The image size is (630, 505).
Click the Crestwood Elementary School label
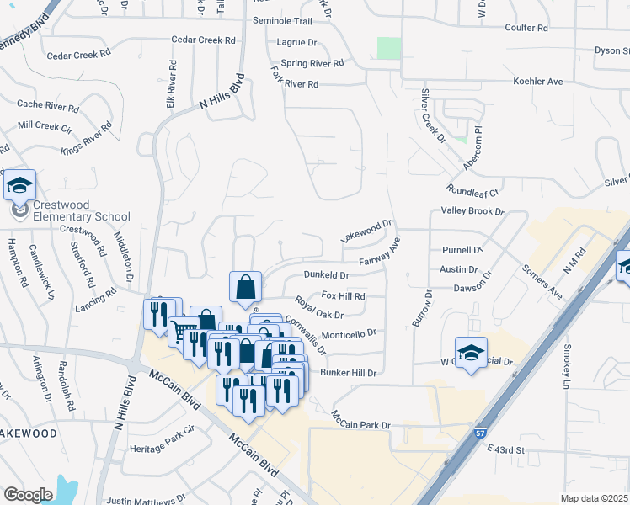82,210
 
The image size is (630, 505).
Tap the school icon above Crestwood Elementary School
19,185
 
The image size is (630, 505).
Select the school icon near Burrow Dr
471,351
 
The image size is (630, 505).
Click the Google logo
28,495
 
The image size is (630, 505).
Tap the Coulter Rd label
526,28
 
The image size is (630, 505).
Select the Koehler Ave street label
538,82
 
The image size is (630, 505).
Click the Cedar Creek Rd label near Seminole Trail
203,40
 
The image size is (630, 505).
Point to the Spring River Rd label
312,63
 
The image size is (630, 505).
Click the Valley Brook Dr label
472,213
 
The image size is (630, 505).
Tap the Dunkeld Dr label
326,274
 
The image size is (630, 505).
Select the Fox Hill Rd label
343,296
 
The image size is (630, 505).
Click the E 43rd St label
505,451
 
